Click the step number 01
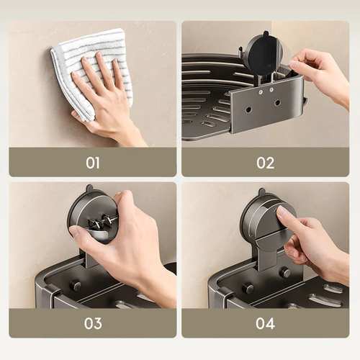[92, 163]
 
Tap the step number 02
[266, 163]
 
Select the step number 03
[92, 323]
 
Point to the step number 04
[266, 323]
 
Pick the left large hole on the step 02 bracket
[248, 110]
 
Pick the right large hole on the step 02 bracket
[277, 102]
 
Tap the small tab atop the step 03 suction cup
[89, 189]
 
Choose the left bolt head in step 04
[248, 289]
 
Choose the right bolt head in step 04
[284, 272]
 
